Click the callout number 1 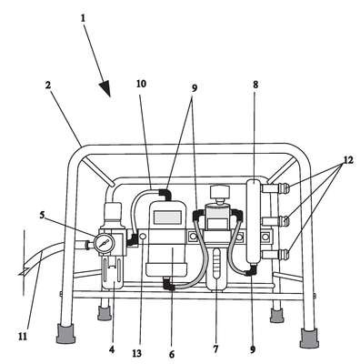pos(83,18)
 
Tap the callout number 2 pos(48,86)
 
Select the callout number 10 pos(141,84)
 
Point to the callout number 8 pos(255,85)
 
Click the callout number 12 pos(348,160)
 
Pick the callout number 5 pos(42,215)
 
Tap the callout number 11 pos(22,336)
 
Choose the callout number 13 pos(136,353)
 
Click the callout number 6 pos(172,354)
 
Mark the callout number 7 pos(215,349)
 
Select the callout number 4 pos(112,349)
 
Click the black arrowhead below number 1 pos(105,88)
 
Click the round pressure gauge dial pos(104,243)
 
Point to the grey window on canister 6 pos(167,217)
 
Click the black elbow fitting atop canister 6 pos(165,194)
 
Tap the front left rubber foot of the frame pos(65,334)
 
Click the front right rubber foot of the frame pos(309,338)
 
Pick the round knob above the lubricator pos(220,192)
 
